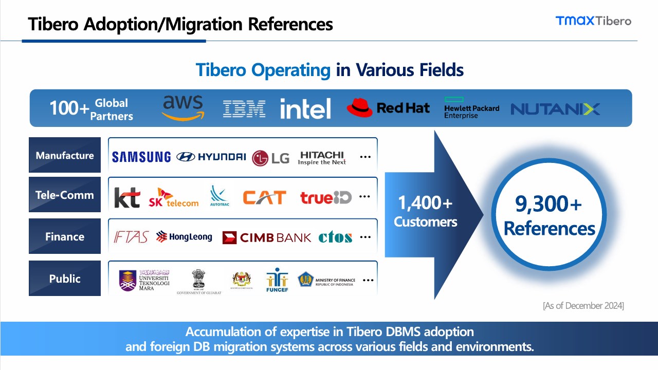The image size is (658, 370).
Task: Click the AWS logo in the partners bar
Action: pyautogui.click(x=182, y=108)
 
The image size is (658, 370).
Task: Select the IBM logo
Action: pyautogui.click(x=244, y=108)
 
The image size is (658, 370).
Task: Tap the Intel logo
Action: pyautogui.click(x=305, y=108)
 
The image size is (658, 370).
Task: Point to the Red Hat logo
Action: pyautogui.click(x=388, y=108)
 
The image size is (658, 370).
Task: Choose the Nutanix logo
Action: pyautogui.click(x=555, y=109)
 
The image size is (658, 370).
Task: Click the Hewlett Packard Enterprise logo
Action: pyautogui.click(x=471, y=108)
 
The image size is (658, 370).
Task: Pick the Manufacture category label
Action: pyautogui.click(x=65, y=155)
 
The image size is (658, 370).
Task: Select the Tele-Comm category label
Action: pyautogui.click(x=65, y=195)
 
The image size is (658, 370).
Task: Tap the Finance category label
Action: pyautogui.click(x=65, y=236)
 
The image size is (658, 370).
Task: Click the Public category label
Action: pyautogui.click(x=65, y=279)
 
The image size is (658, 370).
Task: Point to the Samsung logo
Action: pyautogui.click(x=141, y=157)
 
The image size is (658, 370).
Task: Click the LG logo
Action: pyautogui.click(x=271, y=158)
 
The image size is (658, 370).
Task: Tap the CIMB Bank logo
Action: pyautogui.click(x=267, y=237)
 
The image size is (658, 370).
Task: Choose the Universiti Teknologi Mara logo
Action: pyautogui.click(x=144, y=281)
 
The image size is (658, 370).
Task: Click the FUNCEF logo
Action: pyautogui.click(x=277, y=279)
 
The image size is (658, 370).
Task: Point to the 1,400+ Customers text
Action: pyautogui.click(x=425, y=212)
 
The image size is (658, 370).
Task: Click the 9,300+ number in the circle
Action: pyautogui.click(x=549, y=204)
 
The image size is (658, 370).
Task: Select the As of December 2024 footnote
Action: pyautogui.click(x=583, y=306)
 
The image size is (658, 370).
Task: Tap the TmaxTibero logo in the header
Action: pyautogui.click(x=593, y=21)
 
